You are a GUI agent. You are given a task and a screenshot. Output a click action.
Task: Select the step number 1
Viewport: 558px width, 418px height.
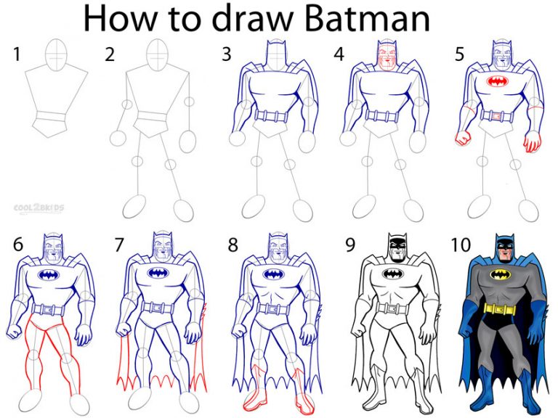(x=15, y=54)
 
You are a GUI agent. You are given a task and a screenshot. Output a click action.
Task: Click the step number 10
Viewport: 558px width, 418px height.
(x=461, y=245)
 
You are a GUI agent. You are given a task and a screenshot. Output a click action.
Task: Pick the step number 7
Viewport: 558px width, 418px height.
(x=119, y=245)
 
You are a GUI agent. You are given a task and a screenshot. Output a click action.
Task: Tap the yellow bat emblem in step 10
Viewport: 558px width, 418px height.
(x=500, y=275)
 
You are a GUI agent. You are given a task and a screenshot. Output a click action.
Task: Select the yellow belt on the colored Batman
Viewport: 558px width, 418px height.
(x=500, y=308)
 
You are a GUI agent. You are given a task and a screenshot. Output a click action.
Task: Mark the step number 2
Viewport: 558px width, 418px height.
(x=110, y=54)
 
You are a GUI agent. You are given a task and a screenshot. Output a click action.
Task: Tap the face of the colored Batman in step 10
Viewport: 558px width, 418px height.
(x=501, y=251)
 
